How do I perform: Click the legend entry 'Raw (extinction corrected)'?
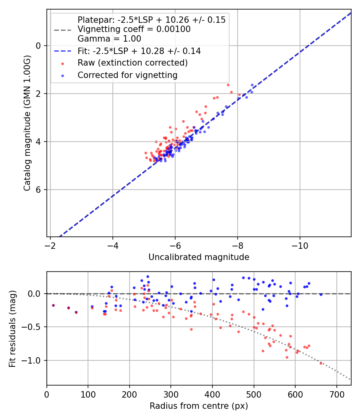click(132, 63)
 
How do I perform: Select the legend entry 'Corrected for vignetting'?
click(127, 75)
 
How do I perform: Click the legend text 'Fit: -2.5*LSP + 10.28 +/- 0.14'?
click(139, 51)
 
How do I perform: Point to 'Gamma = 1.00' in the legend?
click(109, 39)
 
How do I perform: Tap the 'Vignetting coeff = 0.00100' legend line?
click(134, 29)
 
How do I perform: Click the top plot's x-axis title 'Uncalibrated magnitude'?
click(199, 257)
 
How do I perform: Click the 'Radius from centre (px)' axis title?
click(199, 406)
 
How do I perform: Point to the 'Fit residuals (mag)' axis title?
click(12, 328)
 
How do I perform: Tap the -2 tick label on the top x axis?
click(50, 245)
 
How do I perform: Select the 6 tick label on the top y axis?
click(38, 190)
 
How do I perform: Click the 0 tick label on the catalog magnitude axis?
click(38, 46)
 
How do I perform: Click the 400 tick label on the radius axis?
click(212, 394)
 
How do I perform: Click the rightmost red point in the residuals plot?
click(321, 363)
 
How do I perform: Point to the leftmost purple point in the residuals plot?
click(53, 305)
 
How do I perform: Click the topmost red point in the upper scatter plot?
click(228, 85)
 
